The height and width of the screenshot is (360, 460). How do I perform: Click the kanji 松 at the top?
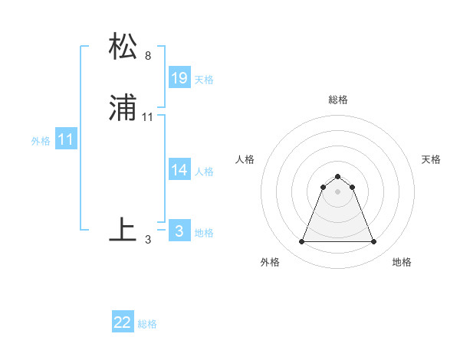pos(123,47)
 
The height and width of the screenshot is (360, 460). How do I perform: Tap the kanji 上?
pos(123,230)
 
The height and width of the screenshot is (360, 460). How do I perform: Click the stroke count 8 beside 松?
pos(147,56)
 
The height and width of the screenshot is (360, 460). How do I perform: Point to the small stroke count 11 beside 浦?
pos(148,117)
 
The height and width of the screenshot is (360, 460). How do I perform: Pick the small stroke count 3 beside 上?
pos(147,240)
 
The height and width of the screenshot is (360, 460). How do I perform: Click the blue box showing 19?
pos(179,78)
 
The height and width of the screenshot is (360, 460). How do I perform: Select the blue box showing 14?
pos(179,170)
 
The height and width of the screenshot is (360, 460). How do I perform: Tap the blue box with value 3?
pos(179,231)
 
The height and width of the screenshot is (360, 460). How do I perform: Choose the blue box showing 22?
pos(123,322)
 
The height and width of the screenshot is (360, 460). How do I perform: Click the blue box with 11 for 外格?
pos(66,140)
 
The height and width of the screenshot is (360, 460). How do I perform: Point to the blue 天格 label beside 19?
pos(204,80)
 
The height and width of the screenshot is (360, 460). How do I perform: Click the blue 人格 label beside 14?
pos(204,172)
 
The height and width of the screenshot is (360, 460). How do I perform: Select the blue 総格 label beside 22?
pos(147,324)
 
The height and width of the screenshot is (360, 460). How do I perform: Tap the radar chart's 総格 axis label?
pos(338,100)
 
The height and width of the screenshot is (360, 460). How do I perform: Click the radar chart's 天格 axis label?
pos(431,159)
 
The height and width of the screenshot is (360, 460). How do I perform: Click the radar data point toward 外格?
pos(301,242)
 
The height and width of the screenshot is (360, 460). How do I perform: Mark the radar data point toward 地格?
pos(374,242)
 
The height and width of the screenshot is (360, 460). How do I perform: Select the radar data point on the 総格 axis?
pos(338,176)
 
